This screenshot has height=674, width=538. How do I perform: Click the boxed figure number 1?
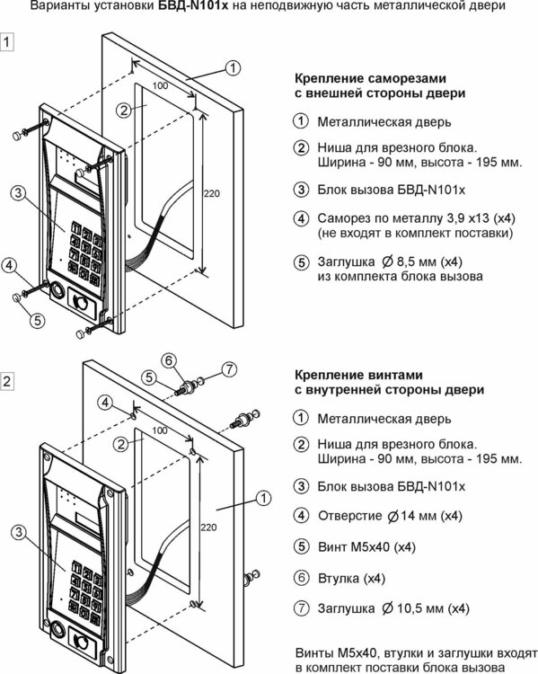coord(7,42)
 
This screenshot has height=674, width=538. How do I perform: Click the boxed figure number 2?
coord(7,381)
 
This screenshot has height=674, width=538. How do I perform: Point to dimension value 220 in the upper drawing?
coord(211,194)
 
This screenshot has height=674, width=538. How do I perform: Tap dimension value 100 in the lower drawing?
coord(160,430)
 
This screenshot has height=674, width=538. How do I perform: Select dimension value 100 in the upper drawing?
coord(160,85)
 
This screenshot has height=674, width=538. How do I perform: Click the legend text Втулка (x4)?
coord(351,579)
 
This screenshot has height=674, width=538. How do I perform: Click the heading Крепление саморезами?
coord(370,79)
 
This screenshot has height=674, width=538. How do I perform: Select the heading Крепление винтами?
coord(358,376)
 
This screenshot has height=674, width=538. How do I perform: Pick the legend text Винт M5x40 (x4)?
coord(367,547)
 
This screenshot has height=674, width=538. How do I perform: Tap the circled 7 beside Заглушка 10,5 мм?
coord(301,608)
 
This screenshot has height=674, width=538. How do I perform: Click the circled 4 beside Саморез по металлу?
coord(301,218)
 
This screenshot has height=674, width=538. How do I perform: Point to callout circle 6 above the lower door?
coord(169,360)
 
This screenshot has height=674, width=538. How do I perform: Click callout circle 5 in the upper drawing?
coord(38,320)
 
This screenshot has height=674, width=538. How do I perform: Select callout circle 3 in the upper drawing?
coord(18,192)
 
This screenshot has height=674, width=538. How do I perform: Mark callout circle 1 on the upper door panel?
coord(233,67)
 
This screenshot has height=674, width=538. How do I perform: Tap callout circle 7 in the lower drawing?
coord(229,368)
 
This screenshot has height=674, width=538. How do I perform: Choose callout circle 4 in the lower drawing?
coord(105,404)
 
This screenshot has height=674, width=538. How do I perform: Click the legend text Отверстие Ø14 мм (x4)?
coord(390,516)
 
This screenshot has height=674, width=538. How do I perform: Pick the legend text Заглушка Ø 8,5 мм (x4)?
coord(390,262)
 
